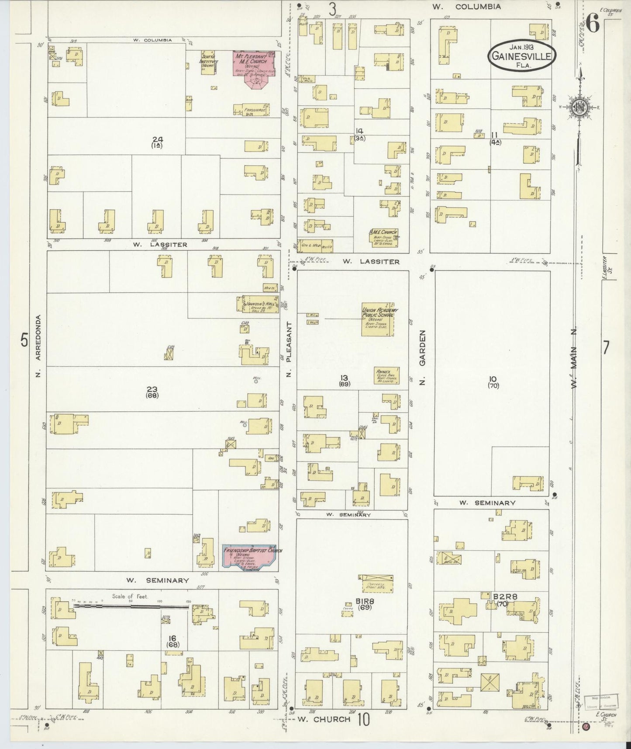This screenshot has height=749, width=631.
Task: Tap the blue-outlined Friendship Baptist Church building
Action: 249,556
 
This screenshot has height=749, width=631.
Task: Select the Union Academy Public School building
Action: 378,319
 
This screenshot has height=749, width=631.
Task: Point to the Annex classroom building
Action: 386,375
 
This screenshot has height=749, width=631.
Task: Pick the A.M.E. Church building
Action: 383,237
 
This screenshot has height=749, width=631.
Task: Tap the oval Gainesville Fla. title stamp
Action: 522,56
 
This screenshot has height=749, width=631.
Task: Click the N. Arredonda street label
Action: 38,345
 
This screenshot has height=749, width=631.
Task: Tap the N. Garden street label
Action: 422,357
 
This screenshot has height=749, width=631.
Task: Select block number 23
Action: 152,389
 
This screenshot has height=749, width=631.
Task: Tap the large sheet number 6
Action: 593,24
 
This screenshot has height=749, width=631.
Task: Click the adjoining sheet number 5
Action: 24,340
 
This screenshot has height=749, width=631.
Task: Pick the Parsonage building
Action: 251,109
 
